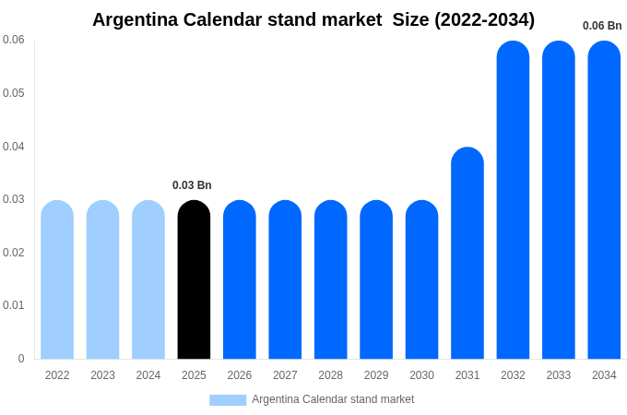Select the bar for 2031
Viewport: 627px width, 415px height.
[x=467, y=254]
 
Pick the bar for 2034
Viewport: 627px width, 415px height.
[x=604, y=200]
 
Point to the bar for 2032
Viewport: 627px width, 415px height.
[x=513, y=200]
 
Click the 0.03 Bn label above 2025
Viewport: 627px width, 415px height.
[x=192, y=185]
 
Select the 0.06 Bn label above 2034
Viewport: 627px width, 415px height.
[x=602, y=26]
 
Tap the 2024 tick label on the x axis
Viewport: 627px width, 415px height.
[x=148, y=375]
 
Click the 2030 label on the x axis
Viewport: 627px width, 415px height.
[x=421, y=375]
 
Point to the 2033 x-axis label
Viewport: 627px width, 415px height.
[x=558, y=375]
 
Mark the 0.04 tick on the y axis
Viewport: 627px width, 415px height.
[x=13, y=147]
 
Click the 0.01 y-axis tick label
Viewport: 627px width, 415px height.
[x=13, y=305]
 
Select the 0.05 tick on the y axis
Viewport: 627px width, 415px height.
[x=13, y=93]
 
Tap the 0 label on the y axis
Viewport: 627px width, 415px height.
[x=21, y=359]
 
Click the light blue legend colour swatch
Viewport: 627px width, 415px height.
[x=228, y=400]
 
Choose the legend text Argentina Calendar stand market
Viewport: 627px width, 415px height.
[x=333, y=399]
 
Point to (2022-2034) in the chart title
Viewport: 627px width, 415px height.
[x=484, y=19]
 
